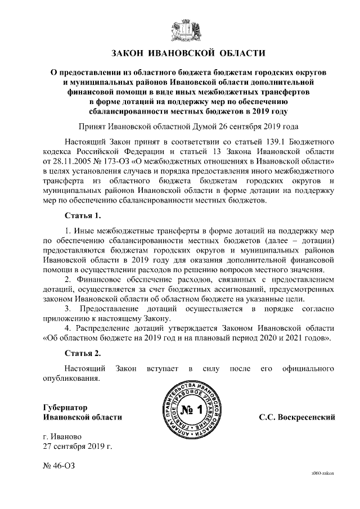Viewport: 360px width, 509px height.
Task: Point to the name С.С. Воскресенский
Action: pyautogui.click(x=297, y=417)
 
